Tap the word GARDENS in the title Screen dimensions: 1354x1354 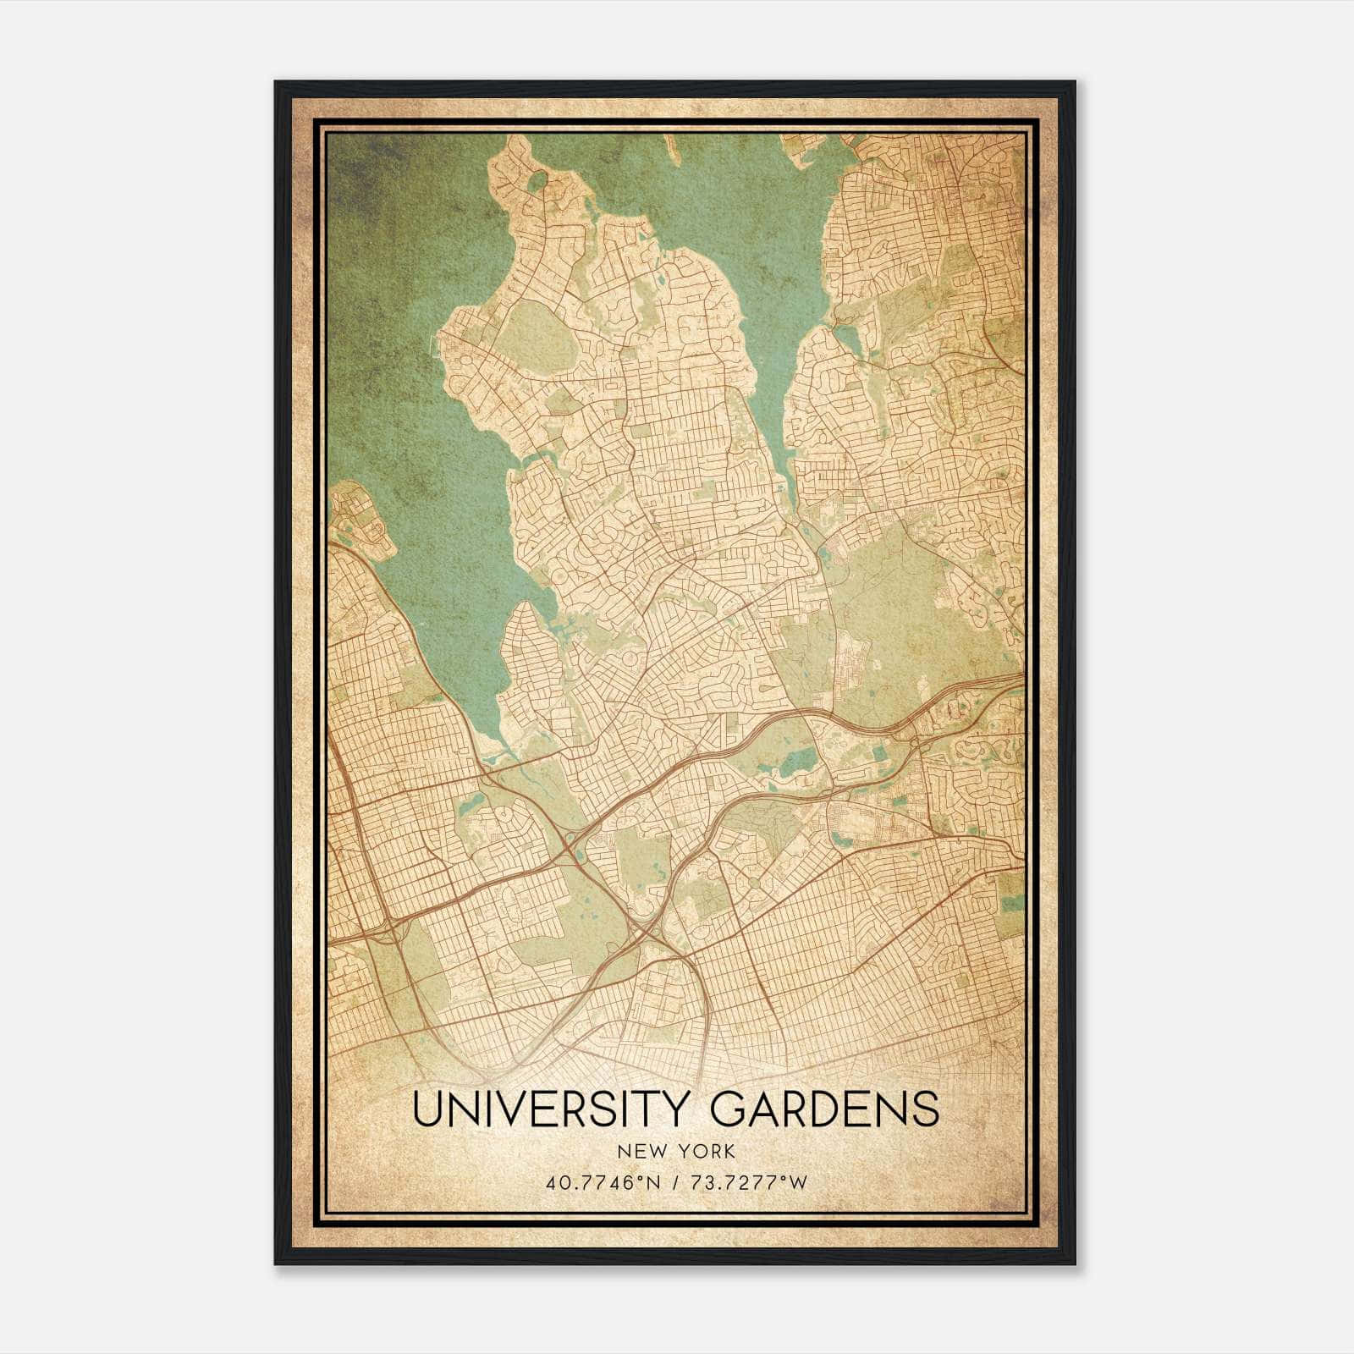click(x=824, y=1109)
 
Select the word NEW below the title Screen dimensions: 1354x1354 click(x=638, y=1152)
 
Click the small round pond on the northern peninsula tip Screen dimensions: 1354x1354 click(x=538, y=182)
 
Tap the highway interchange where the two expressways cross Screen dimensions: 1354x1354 click(x=647, y=931)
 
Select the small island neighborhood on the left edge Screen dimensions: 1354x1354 click(x=360, y=525)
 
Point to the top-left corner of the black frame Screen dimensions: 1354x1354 click(x=276, y=83)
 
